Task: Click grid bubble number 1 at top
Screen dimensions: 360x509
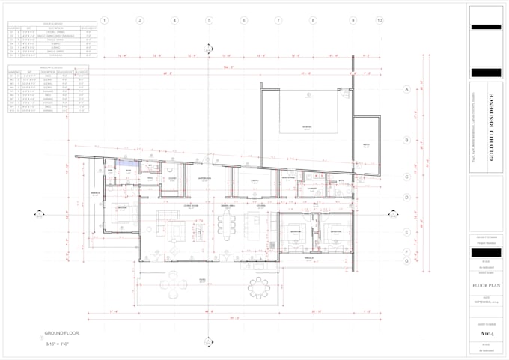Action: coord(105,20)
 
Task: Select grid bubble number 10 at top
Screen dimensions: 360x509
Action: coord(380,20)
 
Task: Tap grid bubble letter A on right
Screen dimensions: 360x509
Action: coord(406,89)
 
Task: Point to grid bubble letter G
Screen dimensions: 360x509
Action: coord(406,261)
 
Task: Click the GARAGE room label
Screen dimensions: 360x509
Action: coord(306,127)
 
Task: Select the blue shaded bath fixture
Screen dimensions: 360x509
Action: coord(125,162)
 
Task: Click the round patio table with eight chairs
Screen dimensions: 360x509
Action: coord(258,287)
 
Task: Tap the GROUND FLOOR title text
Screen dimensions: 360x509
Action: coord(62,332)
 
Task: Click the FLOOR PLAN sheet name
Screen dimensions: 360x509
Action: coord(486,285)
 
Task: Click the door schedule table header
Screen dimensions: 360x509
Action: coord(51,24)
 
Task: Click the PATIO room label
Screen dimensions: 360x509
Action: coord(201,279)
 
